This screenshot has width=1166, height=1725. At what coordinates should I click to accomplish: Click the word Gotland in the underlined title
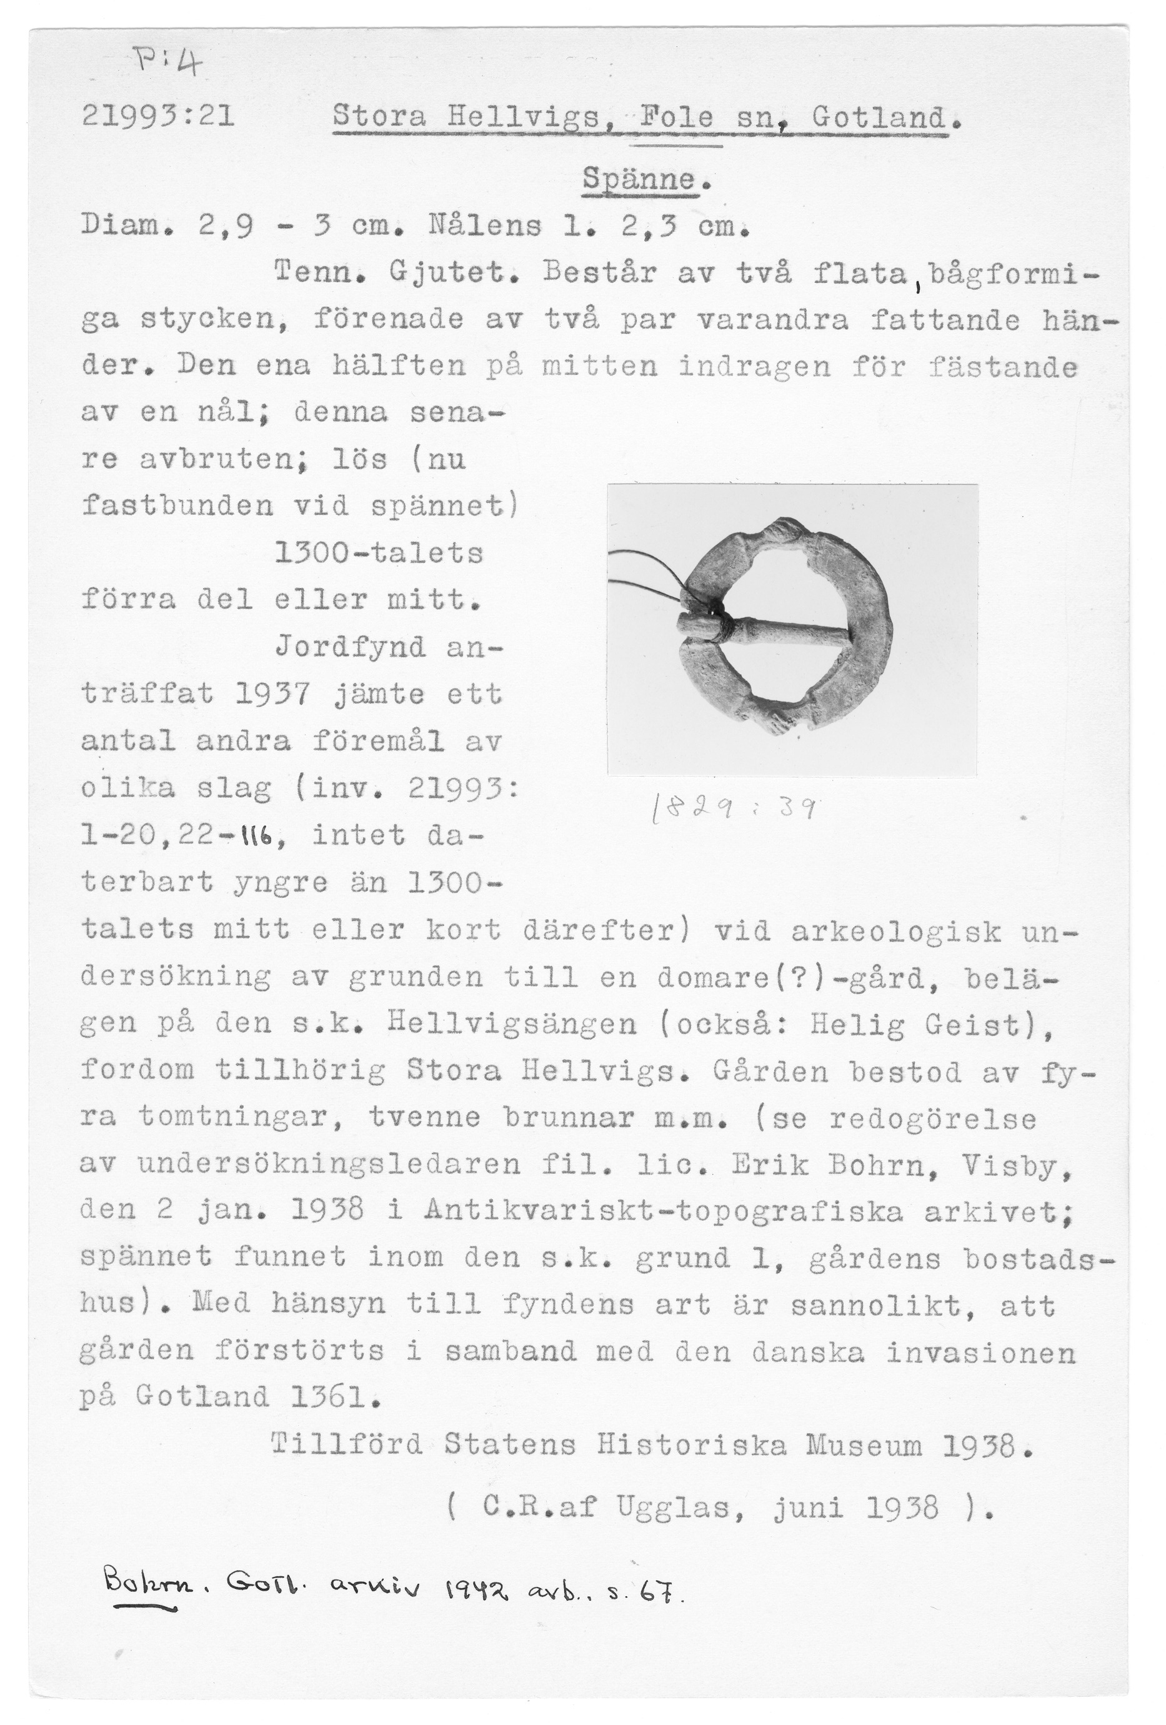(x=880, y=117)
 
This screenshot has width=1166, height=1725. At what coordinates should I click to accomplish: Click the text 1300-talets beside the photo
(x=379, y=554)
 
